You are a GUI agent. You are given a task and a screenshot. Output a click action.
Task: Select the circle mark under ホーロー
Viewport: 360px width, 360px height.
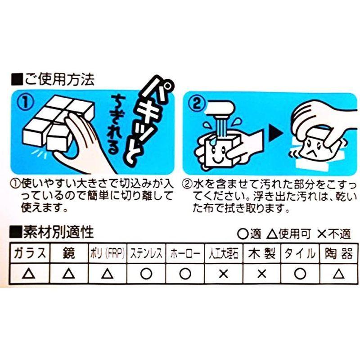(x=184, y=273)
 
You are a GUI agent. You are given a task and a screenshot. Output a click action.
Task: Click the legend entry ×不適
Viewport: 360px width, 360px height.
(x=333, y=234)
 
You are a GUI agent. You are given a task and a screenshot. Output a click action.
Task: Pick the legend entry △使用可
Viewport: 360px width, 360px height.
(x=289, y=234)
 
